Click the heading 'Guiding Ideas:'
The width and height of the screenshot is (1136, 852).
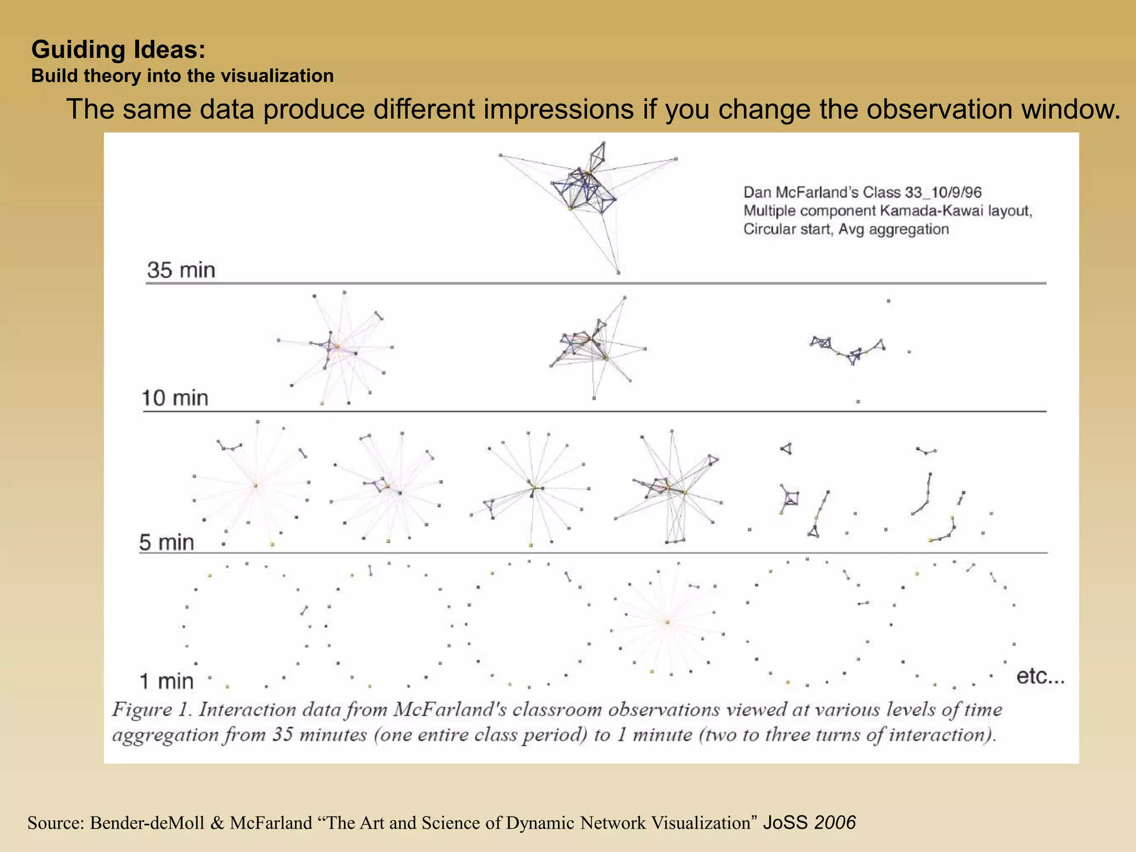click(118, 49)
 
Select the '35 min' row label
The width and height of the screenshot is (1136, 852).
click(181, 270)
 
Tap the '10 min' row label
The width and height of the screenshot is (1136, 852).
click(175, 398)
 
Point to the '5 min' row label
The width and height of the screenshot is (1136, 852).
click(166, 542)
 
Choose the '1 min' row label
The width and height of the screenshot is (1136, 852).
click(166, 681)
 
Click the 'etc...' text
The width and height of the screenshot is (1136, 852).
click(1040, 676)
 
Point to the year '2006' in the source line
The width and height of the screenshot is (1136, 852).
click(835, 822)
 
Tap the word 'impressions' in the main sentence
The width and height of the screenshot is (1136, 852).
click(559, 109)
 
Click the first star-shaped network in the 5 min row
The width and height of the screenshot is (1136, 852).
click(255, 485)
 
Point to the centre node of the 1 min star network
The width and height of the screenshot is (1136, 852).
click(667, 622)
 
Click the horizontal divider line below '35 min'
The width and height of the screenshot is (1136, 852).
click(596, 283)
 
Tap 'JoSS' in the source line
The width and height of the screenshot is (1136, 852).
click(786, 822)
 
